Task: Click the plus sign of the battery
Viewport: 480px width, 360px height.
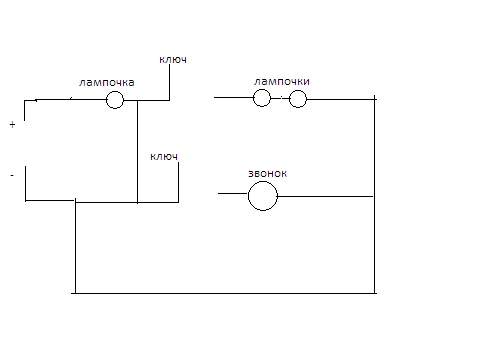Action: point(12,125)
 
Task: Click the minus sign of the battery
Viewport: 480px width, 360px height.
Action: point(12,175)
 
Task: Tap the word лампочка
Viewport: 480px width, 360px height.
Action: point(107,82)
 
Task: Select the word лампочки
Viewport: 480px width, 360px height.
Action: point(282,81)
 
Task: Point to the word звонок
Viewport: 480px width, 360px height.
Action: point(267,173)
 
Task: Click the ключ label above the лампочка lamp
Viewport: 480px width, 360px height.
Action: point(173,59)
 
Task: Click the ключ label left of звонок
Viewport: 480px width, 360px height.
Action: point(164,156)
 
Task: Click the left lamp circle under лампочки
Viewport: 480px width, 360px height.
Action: point(262,89)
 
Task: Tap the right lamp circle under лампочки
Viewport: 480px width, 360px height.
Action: point(298,90)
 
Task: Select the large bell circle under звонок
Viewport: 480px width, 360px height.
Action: point(263,182)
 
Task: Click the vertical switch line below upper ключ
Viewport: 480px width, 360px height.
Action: point(169,82)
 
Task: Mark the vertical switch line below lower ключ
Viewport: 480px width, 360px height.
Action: point(178,182)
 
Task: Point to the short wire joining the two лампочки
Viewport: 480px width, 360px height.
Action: point(280,99)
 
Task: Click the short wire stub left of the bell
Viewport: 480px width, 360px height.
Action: point(233,193)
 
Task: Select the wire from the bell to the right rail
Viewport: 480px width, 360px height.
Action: point(325,196)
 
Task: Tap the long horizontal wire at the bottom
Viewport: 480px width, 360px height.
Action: point(224,293)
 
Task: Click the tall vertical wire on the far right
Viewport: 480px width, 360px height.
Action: point(374,195)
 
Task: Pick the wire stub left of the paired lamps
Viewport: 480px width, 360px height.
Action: point(234,97)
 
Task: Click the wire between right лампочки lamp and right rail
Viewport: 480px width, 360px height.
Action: point(342,99)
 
